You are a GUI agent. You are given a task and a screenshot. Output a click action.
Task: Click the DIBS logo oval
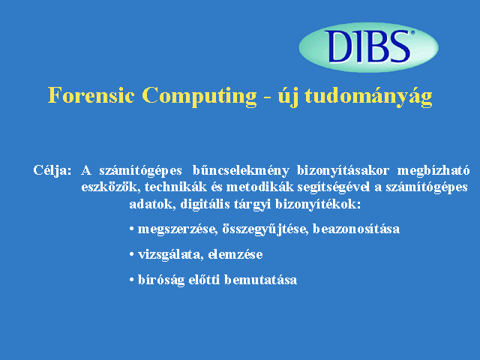point(368,47)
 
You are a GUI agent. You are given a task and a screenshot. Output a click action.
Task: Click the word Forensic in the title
point(91,95)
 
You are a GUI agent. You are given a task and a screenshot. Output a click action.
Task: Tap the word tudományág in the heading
point(368,97)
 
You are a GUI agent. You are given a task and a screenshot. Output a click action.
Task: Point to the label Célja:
point(52,170)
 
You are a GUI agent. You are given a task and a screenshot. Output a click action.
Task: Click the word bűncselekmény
point(241,170)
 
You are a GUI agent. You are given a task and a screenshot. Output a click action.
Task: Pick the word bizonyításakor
point(343,170)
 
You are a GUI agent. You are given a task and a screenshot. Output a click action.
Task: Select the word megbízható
point(433,170)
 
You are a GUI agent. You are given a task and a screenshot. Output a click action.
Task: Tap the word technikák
point(175,187)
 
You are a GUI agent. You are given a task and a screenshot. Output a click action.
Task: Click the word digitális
point(205,204)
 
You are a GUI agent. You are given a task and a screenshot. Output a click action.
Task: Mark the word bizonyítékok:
point(318,204)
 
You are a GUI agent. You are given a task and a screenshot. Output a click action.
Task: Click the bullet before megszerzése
point(132,229)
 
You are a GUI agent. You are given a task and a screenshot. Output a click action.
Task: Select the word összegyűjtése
point(265,229)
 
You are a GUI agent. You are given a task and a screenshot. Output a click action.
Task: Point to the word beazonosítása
point(356,229)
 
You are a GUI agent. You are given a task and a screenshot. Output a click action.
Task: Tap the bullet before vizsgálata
point(132,254)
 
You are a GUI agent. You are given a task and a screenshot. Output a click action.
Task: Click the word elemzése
point(235,254)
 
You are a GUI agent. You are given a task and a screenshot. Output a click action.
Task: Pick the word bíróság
point(161,280)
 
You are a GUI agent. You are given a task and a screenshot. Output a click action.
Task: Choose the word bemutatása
point(260,280)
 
